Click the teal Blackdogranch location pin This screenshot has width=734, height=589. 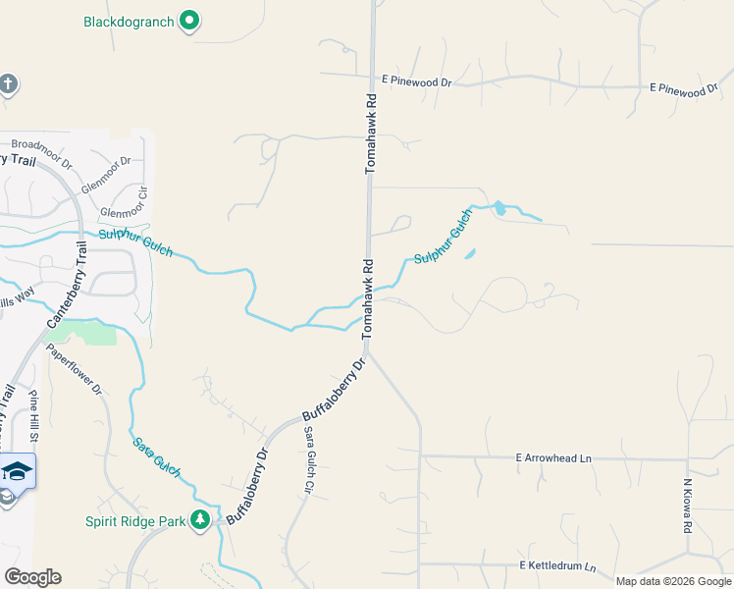190,21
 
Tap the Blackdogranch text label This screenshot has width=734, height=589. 129,21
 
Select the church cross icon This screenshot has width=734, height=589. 7,84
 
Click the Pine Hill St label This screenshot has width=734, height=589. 35,414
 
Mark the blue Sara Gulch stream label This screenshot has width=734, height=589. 157,457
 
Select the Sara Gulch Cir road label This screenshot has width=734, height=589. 307,459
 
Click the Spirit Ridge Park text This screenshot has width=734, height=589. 135,521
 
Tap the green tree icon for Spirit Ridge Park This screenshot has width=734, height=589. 200,519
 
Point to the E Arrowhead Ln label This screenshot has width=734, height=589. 555,457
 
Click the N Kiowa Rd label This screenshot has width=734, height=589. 688,507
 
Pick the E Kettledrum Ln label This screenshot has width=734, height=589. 556,566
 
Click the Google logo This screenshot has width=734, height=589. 32,577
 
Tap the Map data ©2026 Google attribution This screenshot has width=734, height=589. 673,581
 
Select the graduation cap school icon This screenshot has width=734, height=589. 17,470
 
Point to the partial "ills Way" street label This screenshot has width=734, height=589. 17,294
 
